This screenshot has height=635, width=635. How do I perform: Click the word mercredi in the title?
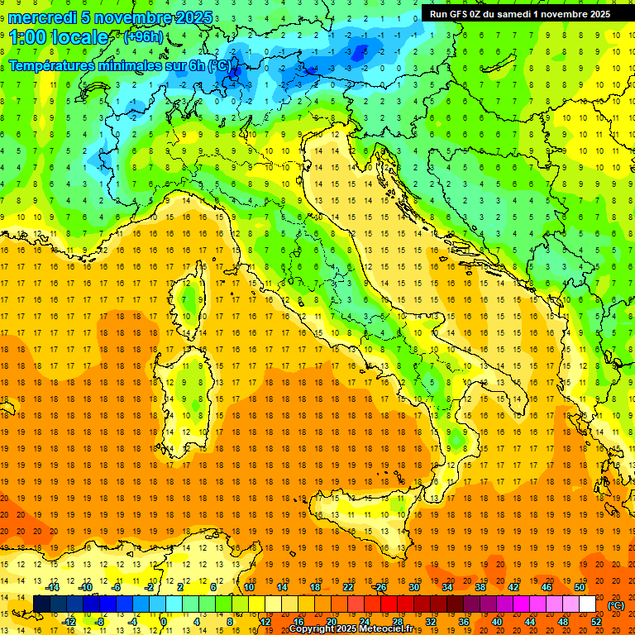point(42,17)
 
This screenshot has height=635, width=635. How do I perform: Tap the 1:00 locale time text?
point(59,38)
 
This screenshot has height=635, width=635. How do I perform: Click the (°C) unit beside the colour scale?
point(616,605)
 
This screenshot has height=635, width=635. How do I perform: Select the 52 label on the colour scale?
point(596,622)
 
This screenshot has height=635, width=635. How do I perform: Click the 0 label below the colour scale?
point(165,622)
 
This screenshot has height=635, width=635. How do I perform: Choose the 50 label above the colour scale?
point(580,587)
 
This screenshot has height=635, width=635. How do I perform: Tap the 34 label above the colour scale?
point(447,587)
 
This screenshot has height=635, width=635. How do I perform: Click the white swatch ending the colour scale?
point(588,604)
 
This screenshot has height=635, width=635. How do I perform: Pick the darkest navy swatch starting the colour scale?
point(41,604)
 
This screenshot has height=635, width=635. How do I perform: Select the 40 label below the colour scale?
point(497,622)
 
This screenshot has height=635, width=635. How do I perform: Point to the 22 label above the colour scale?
point(348,587)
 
